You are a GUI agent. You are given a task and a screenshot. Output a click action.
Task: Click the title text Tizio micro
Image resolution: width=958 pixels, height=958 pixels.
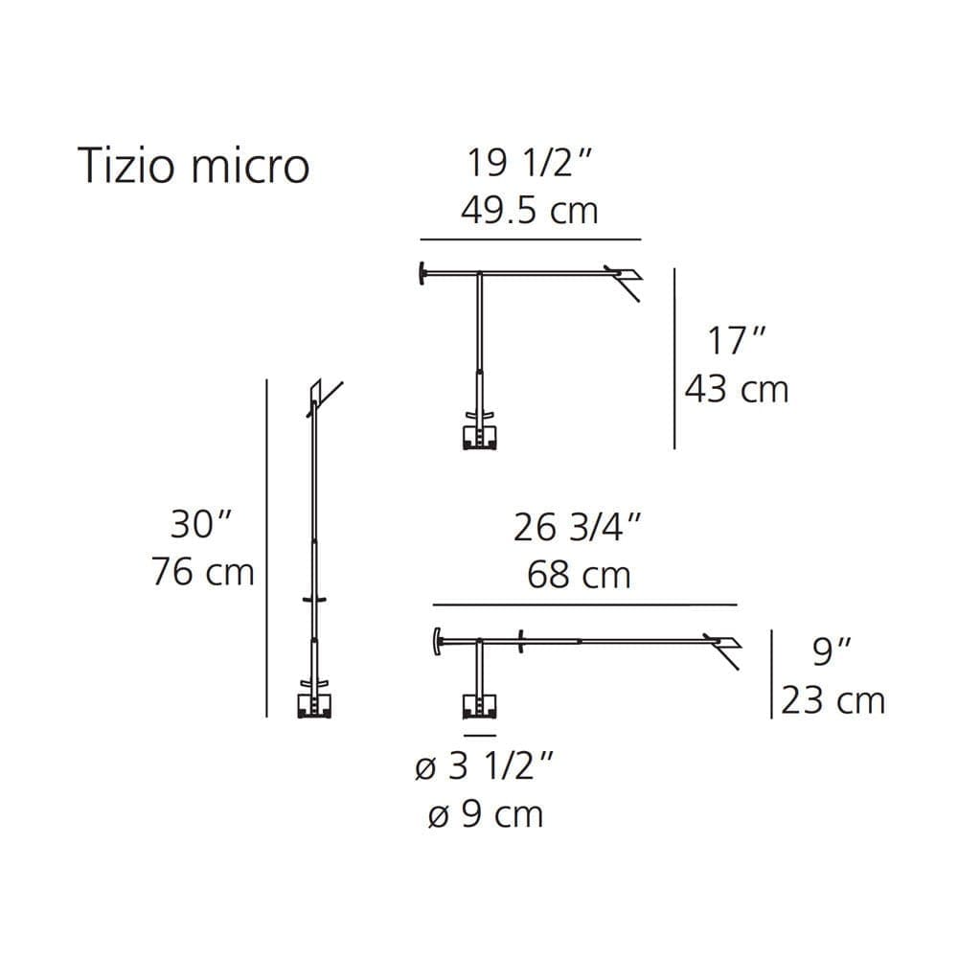(x=193, y=166)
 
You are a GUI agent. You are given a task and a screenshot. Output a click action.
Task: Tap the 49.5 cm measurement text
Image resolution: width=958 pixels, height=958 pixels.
(x=529, y=210)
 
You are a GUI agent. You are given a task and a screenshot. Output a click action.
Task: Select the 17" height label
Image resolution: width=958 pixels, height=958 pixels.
(x=737, y=342)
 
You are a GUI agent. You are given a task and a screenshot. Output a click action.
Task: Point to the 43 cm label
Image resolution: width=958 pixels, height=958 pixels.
(x=736, y=389)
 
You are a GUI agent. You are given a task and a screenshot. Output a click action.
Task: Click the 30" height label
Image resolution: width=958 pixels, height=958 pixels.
(x=201, y=525)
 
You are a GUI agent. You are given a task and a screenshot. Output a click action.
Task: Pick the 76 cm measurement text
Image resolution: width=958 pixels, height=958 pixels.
(x=203, y=572)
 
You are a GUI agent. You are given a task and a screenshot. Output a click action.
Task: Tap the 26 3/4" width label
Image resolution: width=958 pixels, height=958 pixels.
(x=577, y=528)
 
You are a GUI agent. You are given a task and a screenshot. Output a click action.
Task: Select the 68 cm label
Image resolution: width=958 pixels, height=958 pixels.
(x=579, y=575)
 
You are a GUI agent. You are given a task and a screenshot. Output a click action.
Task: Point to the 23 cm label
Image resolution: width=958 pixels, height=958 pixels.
(x=833, y=700)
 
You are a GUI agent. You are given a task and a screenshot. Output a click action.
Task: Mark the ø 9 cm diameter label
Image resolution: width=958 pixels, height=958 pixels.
(x=485, y=814)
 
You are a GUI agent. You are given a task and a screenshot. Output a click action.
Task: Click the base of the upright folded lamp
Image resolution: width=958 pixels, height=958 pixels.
(x=314, y=704)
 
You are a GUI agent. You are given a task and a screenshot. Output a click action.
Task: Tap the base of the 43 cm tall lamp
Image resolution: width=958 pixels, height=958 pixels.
(x=480, y=436)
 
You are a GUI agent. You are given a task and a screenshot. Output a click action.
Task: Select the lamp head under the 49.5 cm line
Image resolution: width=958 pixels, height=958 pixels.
(x=624, y=280)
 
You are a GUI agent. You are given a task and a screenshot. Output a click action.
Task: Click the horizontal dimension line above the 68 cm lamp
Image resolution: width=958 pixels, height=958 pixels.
(x=584, y=605)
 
